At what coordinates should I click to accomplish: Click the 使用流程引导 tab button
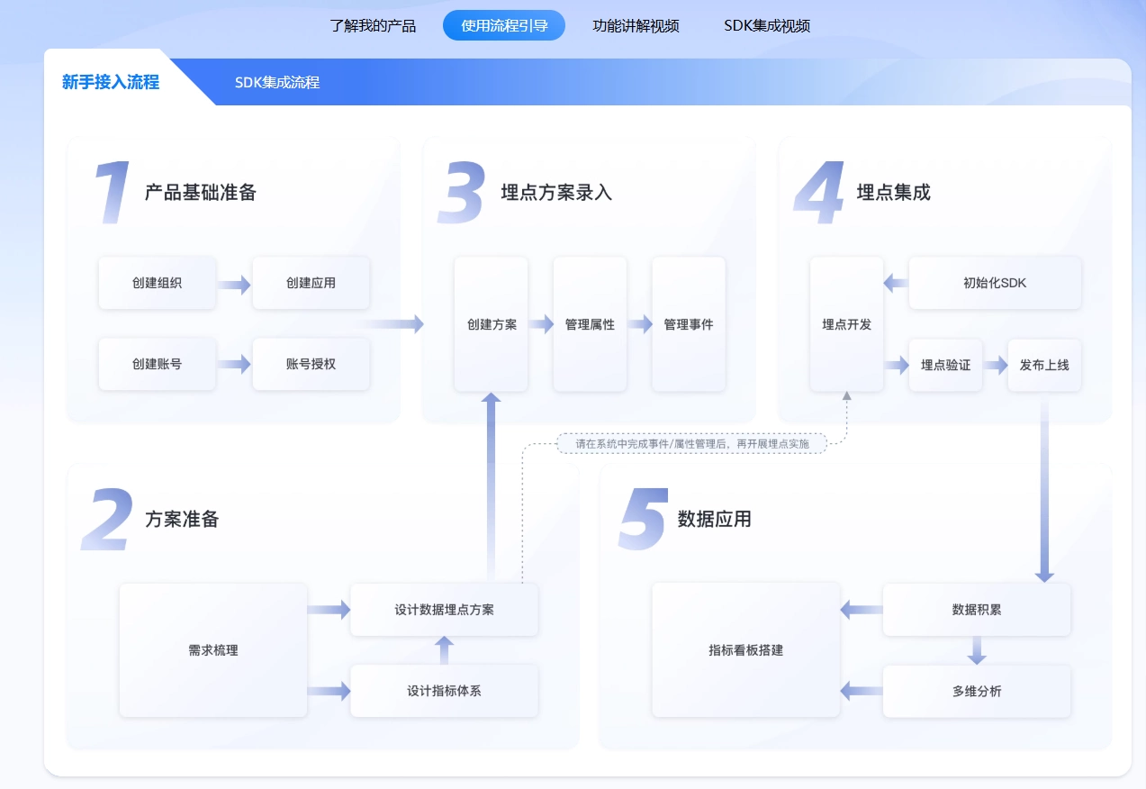tap(504, 26)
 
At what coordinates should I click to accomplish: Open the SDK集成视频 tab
tap(767, 26)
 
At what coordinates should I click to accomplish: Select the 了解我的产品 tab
tap(373, 26)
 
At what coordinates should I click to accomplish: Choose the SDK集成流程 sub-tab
tap(277, 83)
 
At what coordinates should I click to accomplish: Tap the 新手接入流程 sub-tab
tap(111, 82)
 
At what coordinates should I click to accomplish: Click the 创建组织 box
tap(157, 283)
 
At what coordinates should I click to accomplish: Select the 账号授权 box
tap(311, 364)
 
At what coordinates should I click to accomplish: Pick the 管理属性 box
tap(590, 324)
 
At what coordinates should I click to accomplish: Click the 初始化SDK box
tap(995, 283)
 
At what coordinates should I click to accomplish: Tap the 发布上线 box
tap(1044, 365)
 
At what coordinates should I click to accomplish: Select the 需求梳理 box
tap(213, 650)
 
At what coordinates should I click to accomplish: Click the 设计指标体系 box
tap(444, 691)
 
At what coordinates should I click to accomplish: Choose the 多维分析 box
tap(977, 691)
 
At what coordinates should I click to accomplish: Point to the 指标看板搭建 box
tap(745, 650)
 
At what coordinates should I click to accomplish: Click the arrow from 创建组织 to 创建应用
tap(234, 285)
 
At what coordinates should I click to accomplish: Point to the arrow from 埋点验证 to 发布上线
tap(995, 365)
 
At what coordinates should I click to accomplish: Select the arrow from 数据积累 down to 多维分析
tap(977, 650)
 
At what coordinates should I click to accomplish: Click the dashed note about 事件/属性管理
tap(691, 443)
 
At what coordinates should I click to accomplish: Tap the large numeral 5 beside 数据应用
tap(643, 520)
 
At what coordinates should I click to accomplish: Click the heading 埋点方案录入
tap(556, 192)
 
